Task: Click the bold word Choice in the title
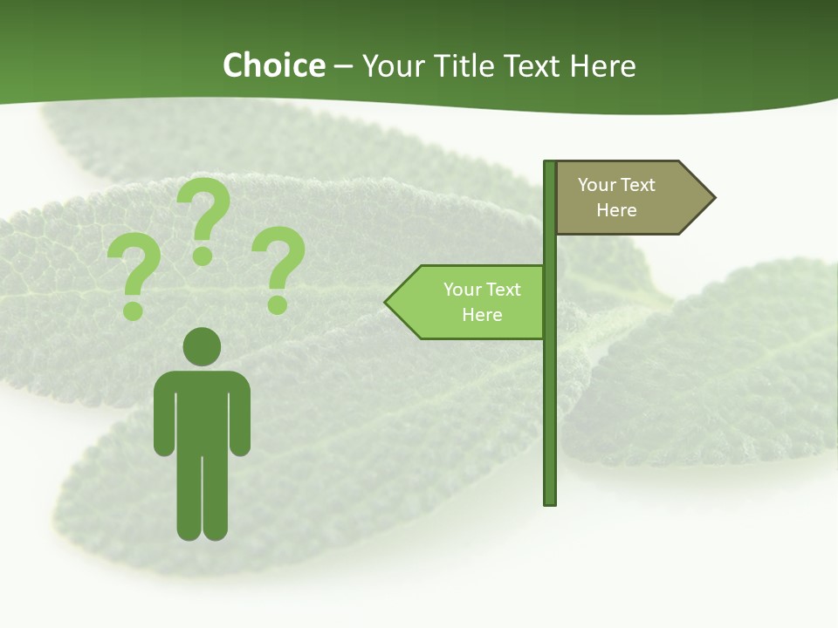pos(273,65)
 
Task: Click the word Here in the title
pos(602,65)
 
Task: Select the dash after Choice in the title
pos(344,66)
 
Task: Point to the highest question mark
pos(204,219)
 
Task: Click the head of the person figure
pos(202,346)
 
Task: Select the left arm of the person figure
pos(163,419)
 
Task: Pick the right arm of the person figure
pos(240,419)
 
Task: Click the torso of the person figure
pos(202,410)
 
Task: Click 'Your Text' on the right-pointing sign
pos(616,185)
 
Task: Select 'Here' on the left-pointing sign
pos(482,315)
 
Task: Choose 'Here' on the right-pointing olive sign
pos(616,210)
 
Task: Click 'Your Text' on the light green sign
pos(482,290)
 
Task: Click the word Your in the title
pos(390,65)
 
